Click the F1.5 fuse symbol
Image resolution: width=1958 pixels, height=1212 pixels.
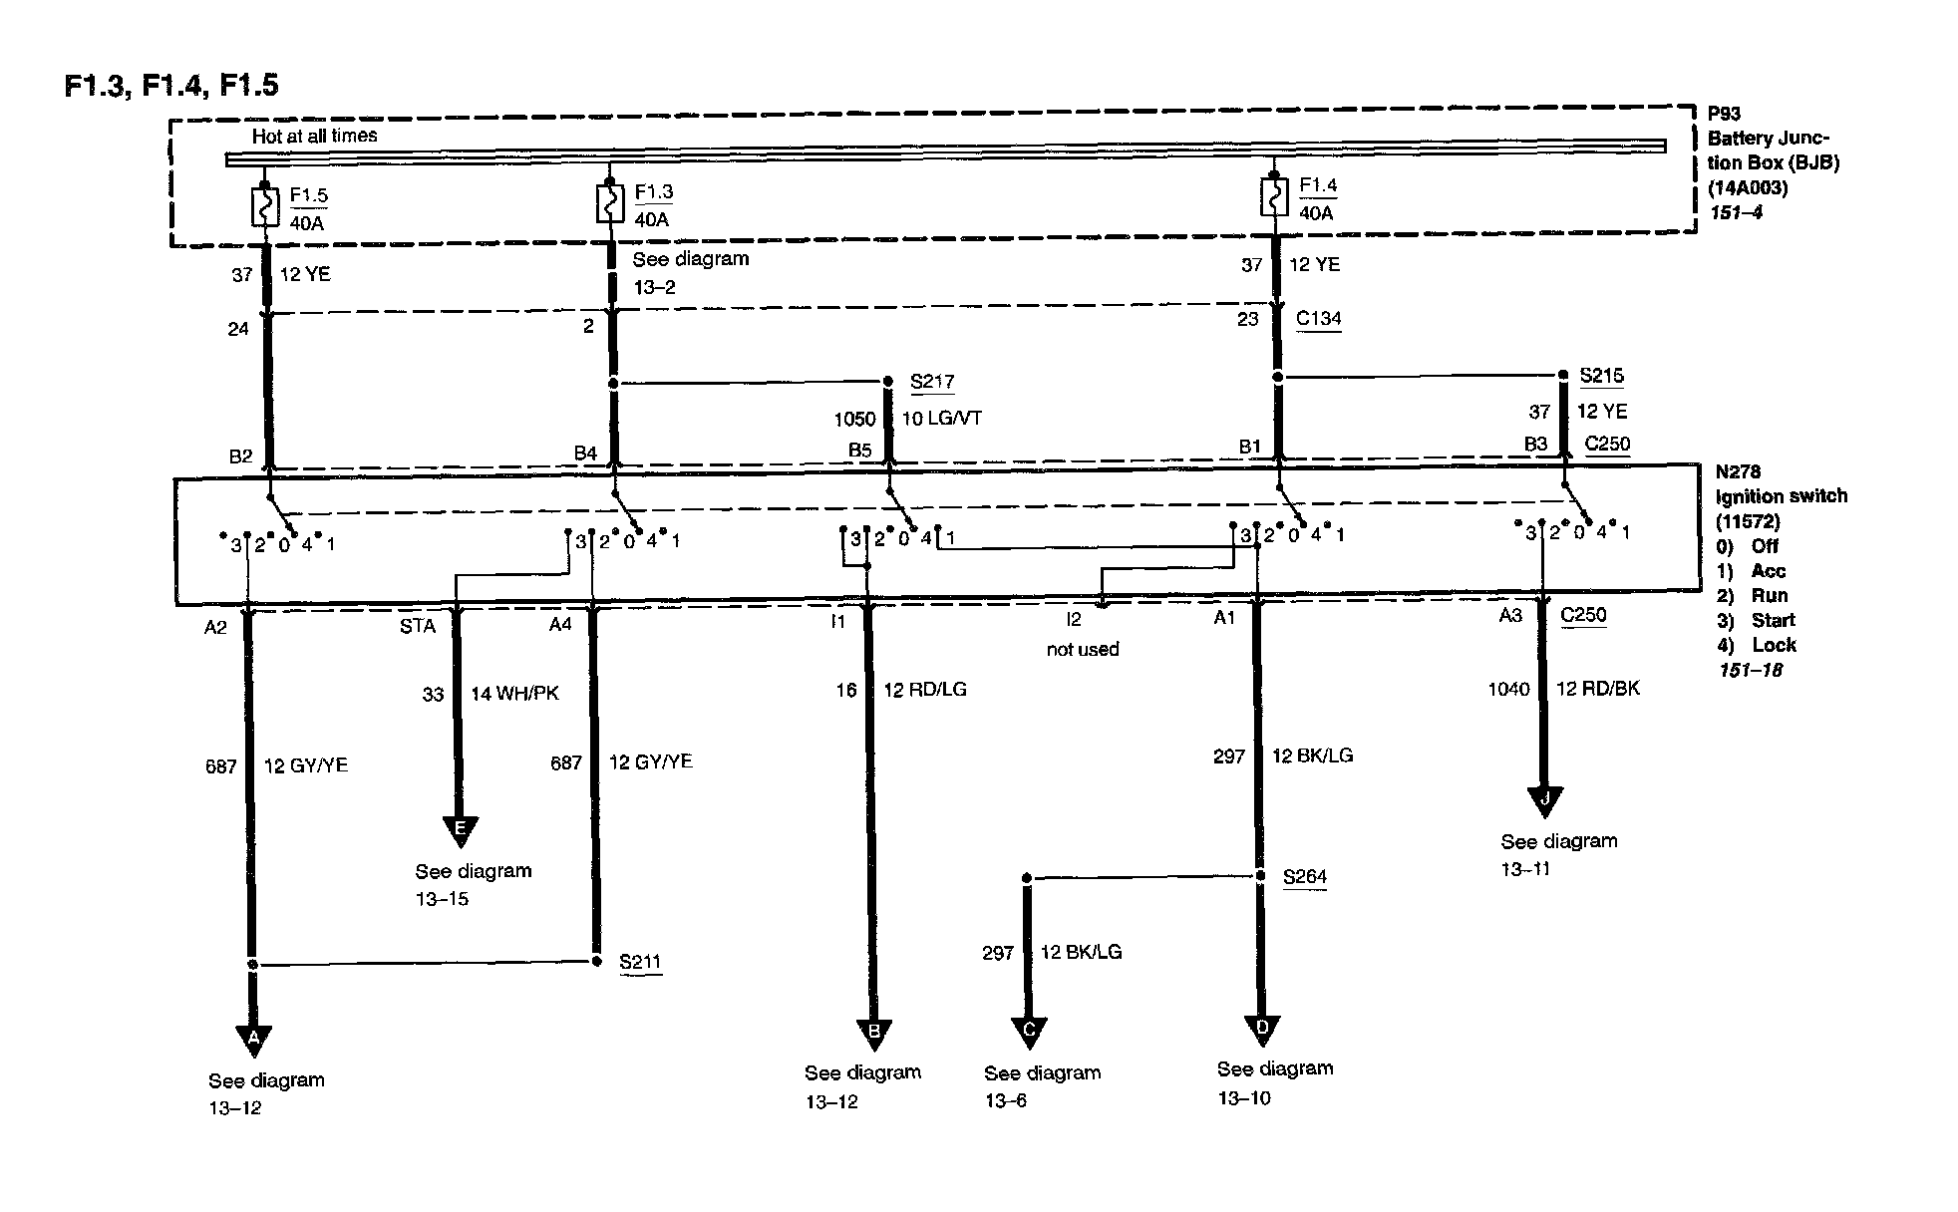pyautogui.click(x=264, y=206)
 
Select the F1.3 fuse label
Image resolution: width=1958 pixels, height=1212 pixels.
pyautogui.click(x=653, y=192)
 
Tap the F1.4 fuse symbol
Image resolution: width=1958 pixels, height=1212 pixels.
pyautogui.click(x=1272, y=197)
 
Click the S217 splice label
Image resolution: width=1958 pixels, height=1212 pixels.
pyautogui.click(x=932, y=382)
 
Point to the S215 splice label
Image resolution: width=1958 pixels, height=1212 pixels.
pyautogui.click(x=1601, y=376)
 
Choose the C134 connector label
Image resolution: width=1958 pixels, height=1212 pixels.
pyautogui.click(x=1318, y=319)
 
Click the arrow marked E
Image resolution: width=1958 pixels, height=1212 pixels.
pyautogui.click(x=460, y=830)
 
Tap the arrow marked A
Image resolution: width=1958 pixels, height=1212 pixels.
pyautogui.click(x=253, y=1040)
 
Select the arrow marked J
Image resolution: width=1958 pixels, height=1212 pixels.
pyautogui.click(x=1544, y=800)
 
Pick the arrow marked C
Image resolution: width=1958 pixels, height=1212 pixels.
pyautogui.click(x=1029, y=1031)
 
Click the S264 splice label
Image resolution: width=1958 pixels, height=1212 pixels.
pyautogui.click(x=1305, y=877)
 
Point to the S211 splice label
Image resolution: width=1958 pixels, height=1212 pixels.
pyautogui.click(x=640, y=962)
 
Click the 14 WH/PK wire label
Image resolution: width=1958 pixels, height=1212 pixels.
pyautogui.click(x=514, y=694)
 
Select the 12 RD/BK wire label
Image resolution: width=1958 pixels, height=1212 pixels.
pyautogui.click(x=1597, y=689)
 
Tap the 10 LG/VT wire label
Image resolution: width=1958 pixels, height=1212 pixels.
pyautogui.click(x=942, y=419)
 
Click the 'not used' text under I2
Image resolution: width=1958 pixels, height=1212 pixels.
pyautogui.click(x=1083, y=650)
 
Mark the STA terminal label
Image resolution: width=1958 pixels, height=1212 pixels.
pyautogui.click(x=418, y=626)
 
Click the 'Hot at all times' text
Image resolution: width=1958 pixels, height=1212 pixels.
pyautogui.click(x=315, y=136)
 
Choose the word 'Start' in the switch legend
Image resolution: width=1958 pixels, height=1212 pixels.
pyautogui.click(x=1773, y=620)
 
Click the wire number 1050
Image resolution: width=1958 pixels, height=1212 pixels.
pyautogui.click(x=854, y=420)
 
